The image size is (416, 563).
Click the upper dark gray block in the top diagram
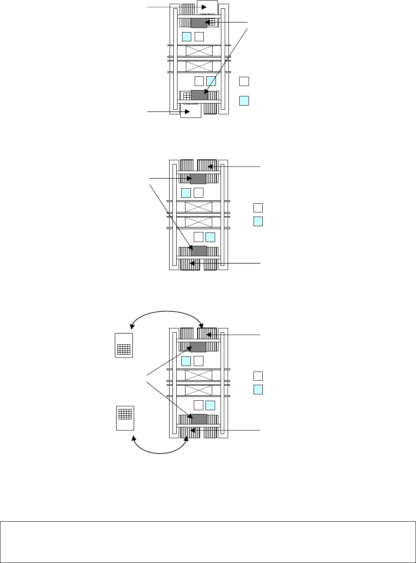click(198, 23)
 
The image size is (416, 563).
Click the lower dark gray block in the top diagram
click(198, 95)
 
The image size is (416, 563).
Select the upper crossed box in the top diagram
click(199, 51)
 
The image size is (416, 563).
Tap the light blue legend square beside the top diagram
click(244, 101)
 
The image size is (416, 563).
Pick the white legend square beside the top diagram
click(244, 81)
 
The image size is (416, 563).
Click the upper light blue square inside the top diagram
click(187, 36)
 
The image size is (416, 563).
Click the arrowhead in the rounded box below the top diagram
click(188, 112)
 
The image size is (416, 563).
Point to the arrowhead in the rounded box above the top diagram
click(204, 7)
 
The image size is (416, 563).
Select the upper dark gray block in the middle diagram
click(198, 179)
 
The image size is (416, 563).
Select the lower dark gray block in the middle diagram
click(199, 250)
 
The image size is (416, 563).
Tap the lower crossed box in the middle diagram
click(198, 222)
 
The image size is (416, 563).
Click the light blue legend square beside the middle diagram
click(259, 221)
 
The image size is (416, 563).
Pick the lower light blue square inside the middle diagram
click(210, 237)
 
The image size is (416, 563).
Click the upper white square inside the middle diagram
click(199, 192)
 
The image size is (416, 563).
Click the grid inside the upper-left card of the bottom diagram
click(124, 349)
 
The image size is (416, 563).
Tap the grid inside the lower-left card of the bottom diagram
click(125, 414)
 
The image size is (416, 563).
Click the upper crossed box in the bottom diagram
click(198, 375)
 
